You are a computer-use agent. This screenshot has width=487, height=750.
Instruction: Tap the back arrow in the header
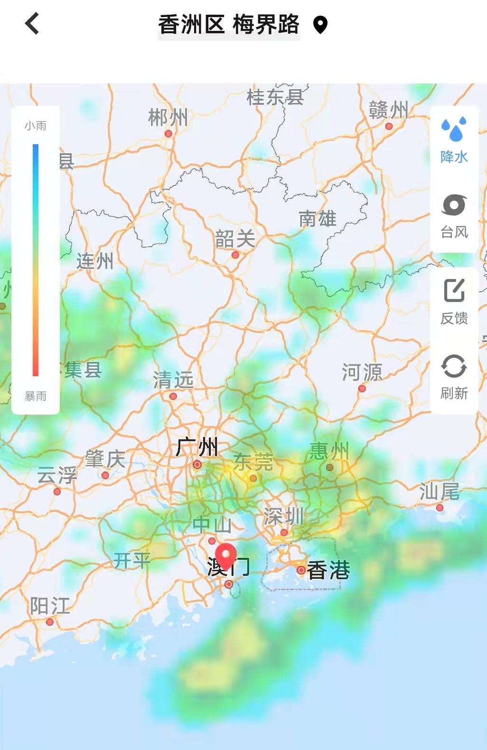coord(32,24)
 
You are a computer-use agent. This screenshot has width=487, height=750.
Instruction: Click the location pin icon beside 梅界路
coord(320,25)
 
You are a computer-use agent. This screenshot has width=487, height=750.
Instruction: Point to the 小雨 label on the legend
coord(36,126)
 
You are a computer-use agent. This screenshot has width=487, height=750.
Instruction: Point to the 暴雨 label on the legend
coord(36,396)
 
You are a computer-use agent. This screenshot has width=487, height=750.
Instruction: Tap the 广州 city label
coord(197,447)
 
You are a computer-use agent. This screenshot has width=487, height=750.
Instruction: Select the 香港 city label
coord(328,570)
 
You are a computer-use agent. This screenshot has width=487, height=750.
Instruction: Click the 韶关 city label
coord(235,239)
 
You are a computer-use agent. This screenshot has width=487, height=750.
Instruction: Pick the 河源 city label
coord(362,372)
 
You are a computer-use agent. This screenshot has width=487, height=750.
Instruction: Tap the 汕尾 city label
coord(440,492)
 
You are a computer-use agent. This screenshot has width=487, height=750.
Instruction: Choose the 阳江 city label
coord(50,606)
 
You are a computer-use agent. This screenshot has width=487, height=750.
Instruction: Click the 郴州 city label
coord(168,117)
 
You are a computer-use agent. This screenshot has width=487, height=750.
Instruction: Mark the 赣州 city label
coord(388,110)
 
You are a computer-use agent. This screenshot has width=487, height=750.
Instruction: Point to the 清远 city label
coord(173,380)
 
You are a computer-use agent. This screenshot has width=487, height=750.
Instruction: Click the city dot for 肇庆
coord(105,475)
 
